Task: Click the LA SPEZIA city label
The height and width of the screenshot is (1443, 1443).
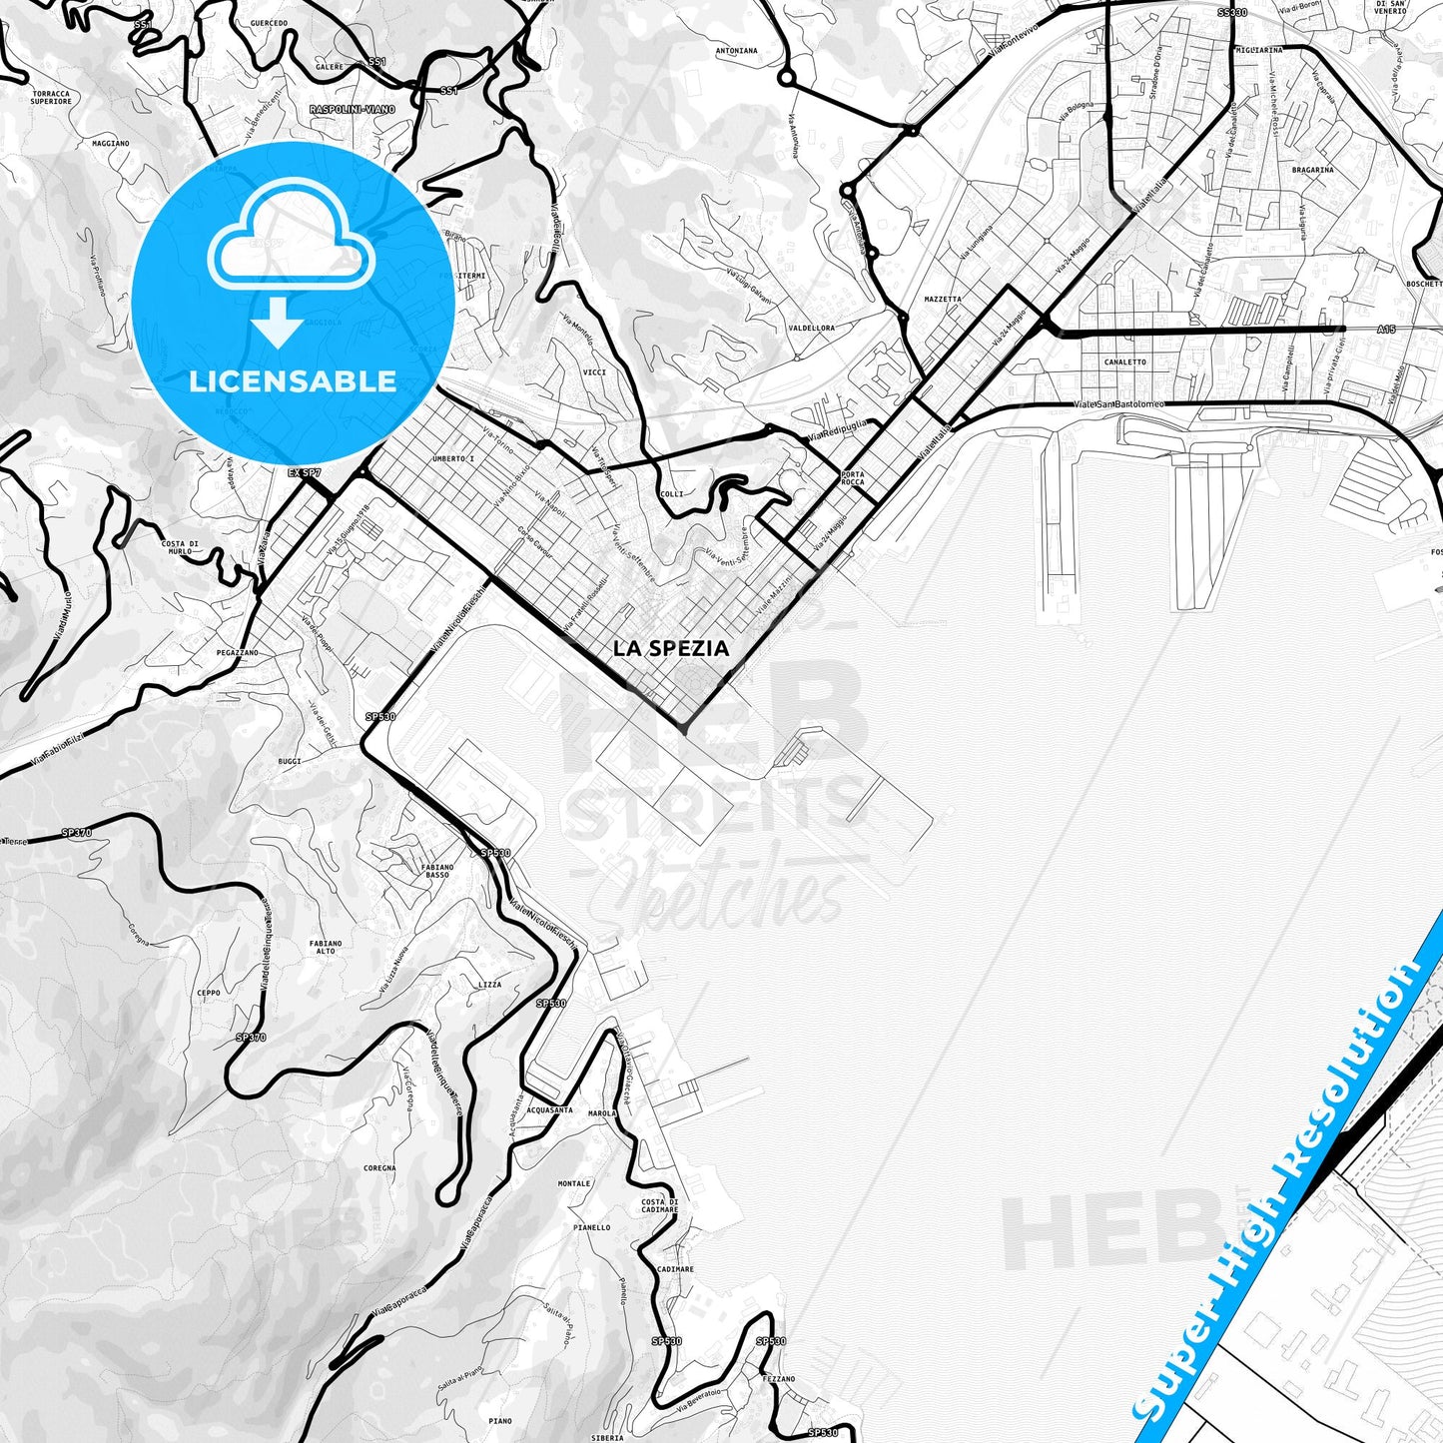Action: [x=671, y=648]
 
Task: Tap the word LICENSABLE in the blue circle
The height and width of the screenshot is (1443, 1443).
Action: [x=293, y=381]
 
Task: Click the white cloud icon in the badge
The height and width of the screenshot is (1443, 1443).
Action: [x=291, y=245]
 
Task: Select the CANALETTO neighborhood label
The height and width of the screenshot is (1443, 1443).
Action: [x=1125, y=362]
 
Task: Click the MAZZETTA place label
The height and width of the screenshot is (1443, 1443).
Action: [x=943, y=299]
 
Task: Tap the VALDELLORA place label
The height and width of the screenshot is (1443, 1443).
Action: [x=812, y=328]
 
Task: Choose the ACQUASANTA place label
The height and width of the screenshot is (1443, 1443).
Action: [x=549, y=1109]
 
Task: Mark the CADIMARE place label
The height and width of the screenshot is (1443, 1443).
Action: [x=676, y=1269]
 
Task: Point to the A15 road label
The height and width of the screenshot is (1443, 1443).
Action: [x=1385, y=329]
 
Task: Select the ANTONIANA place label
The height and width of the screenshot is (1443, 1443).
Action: [x=737, y=50]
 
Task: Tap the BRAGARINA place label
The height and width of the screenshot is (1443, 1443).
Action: [x=1312, y=170]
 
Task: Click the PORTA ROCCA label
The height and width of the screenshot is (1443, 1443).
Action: [x=853, y=478]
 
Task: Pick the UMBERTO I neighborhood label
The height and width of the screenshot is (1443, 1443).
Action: [x=453, y=458]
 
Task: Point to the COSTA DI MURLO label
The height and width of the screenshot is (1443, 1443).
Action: [x=180, y=547]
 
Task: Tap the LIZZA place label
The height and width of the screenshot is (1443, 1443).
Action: [x=490, y=985]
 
